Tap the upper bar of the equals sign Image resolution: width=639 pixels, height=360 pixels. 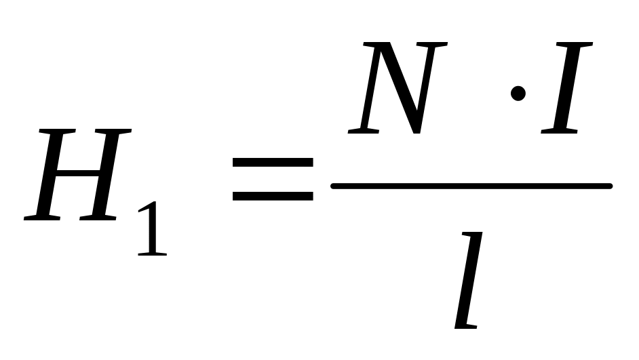[x=272, y=163]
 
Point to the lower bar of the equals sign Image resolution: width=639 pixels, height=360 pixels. [x=272, y=196]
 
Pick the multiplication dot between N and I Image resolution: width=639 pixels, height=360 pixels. [x=518, y=92]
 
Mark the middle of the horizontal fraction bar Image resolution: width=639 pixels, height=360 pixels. [x=471, y=185]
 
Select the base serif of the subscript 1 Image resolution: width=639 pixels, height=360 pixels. [x=152, y=253]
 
